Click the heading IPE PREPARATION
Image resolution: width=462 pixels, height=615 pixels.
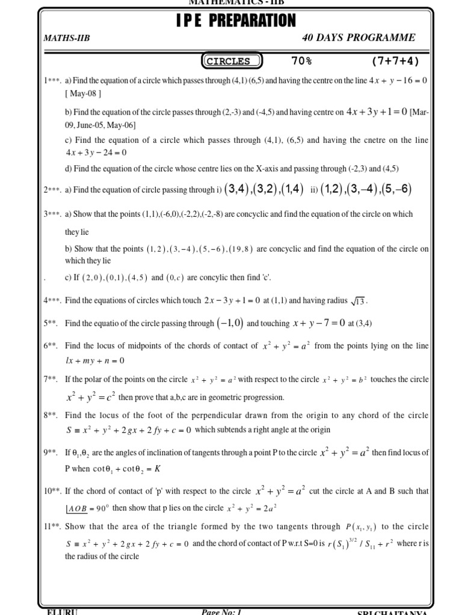click(236, 21)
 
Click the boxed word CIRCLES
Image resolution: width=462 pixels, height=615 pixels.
click(232, 61)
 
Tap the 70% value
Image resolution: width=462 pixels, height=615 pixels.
click(301, 61)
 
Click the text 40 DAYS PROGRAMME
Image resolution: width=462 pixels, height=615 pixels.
click(359, 38)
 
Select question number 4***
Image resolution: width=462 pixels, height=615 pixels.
click(52, 300)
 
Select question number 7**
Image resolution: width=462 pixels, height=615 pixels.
click(51, 380)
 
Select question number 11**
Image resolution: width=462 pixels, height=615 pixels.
click(52, 527)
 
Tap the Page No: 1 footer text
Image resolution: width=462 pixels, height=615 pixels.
click(222, 611)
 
